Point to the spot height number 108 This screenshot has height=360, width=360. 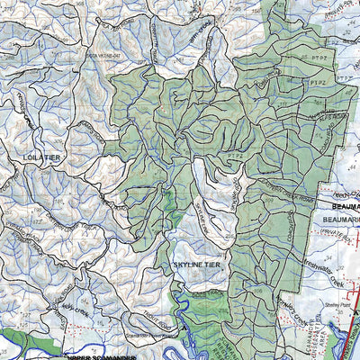pos(264,291)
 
